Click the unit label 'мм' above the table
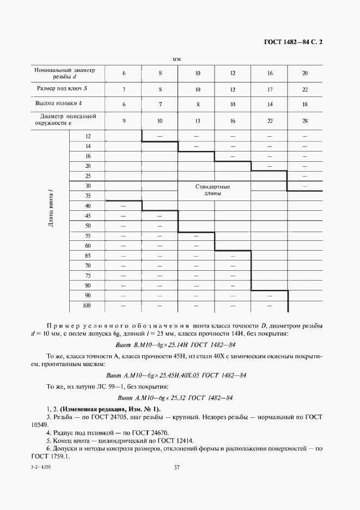point(176,58)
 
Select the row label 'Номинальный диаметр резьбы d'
point(64,73)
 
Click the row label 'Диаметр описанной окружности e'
point(64,120)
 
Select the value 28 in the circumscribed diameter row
point(304,120)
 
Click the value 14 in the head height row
point(269,103)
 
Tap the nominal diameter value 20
point(304,73)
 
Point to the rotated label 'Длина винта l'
point(50,207)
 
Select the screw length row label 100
point(87,306)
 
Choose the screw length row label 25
point(88,175)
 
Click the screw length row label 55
point(88,235)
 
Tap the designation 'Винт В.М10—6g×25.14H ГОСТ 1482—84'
point(176,344)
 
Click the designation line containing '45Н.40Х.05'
point(176,375)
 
